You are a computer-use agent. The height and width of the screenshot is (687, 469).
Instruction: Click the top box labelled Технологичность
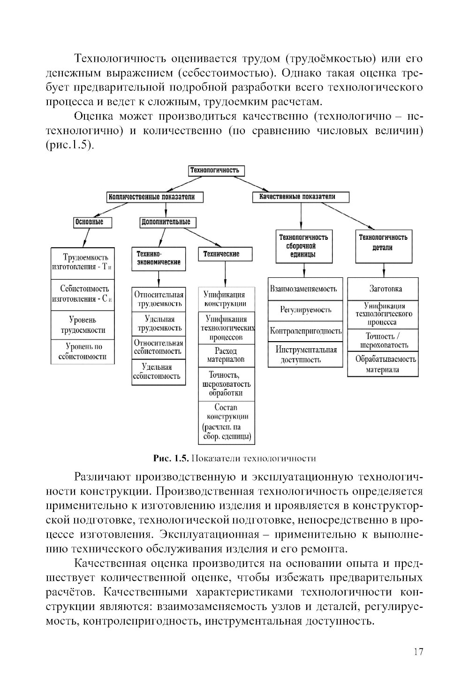216,171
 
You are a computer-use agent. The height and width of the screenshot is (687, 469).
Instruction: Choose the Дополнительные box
167,222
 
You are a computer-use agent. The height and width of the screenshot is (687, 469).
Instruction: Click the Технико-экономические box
158,259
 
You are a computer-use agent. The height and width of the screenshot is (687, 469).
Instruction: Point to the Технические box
225,254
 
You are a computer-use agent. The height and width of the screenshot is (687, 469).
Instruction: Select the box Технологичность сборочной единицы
304,246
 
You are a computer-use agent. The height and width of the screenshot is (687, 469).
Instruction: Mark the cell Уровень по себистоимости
83,352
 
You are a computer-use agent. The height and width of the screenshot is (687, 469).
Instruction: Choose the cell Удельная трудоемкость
158,324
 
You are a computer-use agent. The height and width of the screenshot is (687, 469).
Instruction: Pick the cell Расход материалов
226,356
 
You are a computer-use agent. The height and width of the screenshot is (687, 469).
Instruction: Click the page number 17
418,652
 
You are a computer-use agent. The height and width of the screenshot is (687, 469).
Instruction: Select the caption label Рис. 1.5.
171,458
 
